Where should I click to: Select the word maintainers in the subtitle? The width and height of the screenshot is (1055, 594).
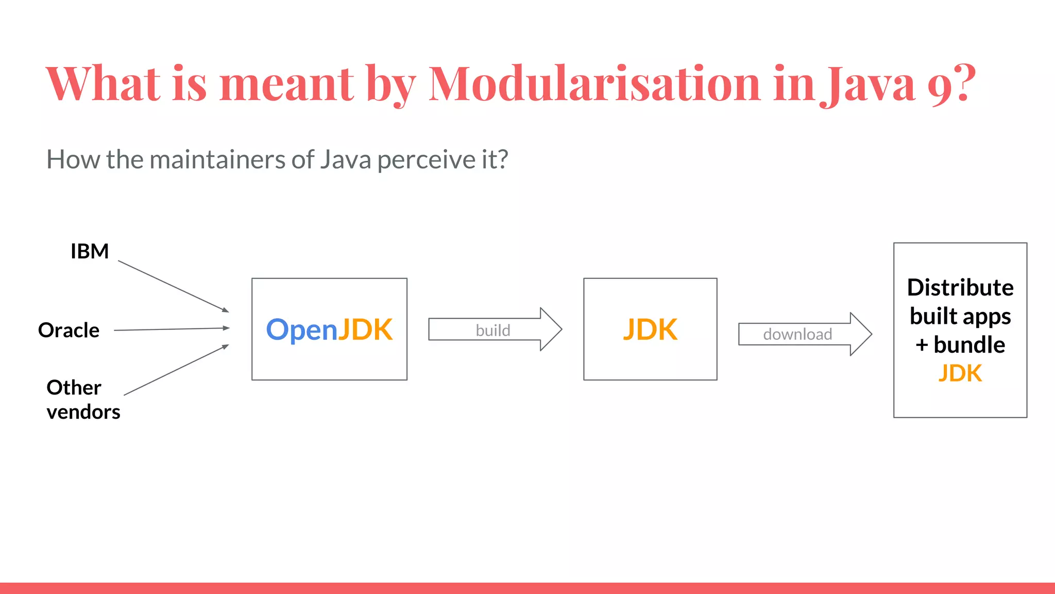pyautogui.click(x=218, y=159)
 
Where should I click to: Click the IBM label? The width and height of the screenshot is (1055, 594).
pyautogui.click(x=90, y=252)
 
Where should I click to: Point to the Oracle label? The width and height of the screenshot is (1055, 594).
pyautogui.click(x=69, y=330)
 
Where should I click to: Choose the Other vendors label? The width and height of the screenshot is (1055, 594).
pyautogui.click(x=82, y=400)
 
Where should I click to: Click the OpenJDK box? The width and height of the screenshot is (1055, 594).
pyautogui.click(x=329, y=329)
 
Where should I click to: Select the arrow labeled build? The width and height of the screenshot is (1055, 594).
pyautogui.click(x=495, y=330)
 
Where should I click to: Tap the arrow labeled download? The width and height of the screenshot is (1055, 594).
pyautogui.click(x=804, y=334)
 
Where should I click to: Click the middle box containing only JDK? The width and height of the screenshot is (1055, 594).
pyautogui.click(x=650, y=329)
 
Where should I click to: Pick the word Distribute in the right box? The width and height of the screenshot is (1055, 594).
pyautogui.click(x=960, y=288)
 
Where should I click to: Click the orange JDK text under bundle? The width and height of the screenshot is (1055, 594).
pyautogui.click(x=960, y=373)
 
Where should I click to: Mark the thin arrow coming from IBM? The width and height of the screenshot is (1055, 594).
pyautogui.click(x=173, y=286)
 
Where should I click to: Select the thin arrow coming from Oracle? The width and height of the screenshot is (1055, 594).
pyautogui.click(x=171, y=329)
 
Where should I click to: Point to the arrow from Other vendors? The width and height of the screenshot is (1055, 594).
pyautogui.click(x=176, y=370)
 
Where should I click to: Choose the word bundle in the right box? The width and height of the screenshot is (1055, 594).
pyautogui.click(x=969, y=345)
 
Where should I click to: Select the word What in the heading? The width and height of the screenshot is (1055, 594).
pyautogui.click(x=103, y=84)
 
